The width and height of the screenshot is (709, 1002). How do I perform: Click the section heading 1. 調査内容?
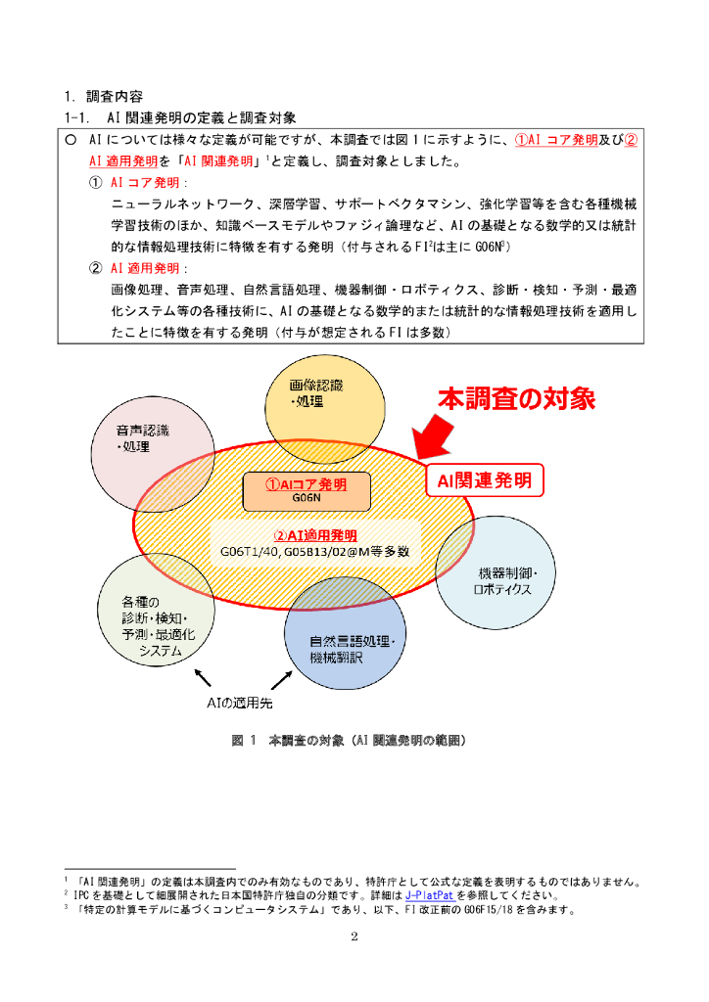click(103, 97)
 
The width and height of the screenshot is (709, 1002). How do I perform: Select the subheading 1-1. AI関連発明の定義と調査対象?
click(180, 117)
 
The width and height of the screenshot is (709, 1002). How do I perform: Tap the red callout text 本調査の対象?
click(515, 398)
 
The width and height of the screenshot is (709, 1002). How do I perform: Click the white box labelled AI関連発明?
click(484, 479)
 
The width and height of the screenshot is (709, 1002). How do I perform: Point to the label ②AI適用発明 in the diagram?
click(314, 536)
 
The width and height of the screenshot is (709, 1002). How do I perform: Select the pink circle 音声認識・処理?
click(147, 445)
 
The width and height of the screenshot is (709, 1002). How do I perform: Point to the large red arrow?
click(436, 434)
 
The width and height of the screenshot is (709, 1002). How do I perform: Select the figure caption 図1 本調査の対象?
click(349, 741)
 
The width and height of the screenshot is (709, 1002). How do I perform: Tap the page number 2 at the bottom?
click(354, 936)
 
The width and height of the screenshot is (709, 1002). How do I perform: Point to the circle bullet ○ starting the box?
click(71, 140)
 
